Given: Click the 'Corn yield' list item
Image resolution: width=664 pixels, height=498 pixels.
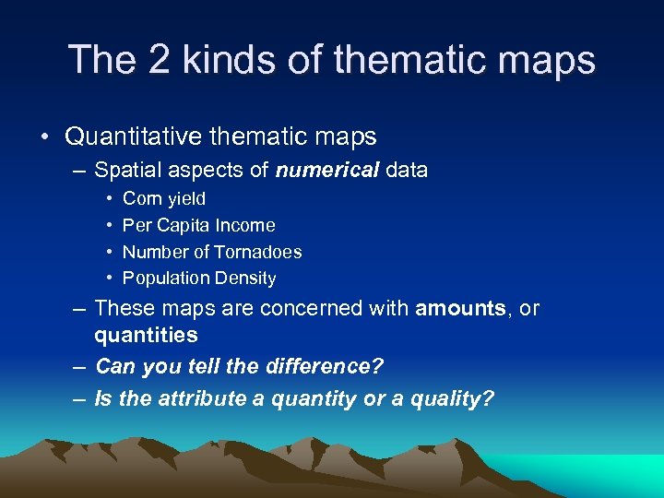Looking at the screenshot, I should pos(164,198).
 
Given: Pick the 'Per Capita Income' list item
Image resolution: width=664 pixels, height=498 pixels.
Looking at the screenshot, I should pos(198,225).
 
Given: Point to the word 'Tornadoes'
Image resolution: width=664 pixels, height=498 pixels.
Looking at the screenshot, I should pos(257,252).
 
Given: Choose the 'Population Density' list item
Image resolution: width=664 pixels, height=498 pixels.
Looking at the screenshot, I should pos(198,278).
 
